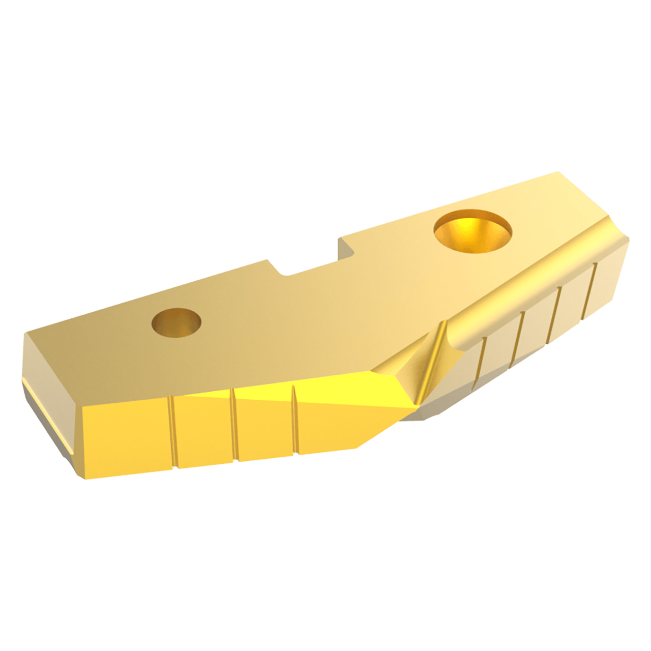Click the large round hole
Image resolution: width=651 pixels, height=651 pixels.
[x=472, y=232]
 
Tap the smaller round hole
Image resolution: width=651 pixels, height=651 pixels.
[x=176, y=322]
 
